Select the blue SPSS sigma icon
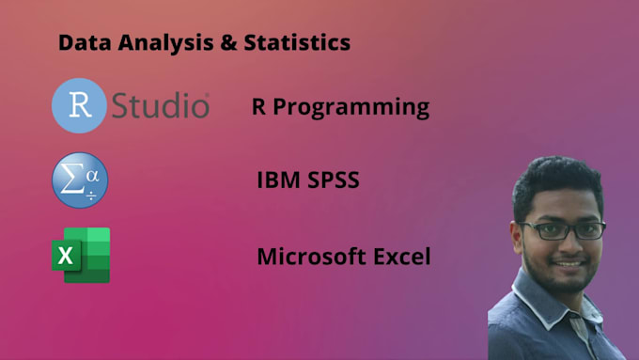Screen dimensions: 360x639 point(80,181)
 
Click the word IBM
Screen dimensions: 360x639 point(279,179)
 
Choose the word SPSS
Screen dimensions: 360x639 point(332,179)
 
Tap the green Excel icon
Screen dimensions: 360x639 point(81,255)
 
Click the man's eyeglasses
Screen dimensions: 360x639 point(562,229)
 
